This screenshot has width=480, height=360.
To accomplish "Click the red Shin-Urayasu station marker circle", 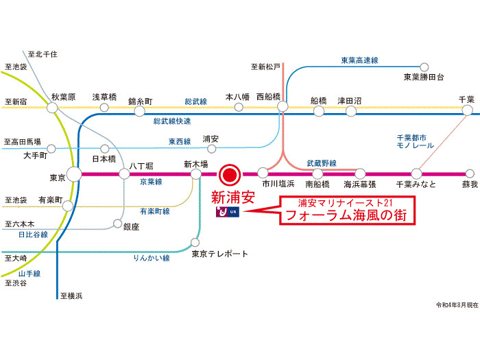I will pos(229,173).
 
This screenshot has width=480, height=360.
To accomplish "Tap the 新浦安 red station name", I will pos(232,197).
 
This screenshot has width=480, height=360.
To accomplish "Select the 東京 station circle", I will pos(73,174).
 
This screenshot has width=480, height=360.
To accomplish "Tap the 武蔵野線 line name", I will pos(321,163).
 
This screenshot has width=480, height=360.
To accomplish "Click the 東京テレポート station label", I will pos(219,254).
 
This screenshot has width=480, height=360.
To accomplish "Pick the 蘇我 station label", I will pos(469,184).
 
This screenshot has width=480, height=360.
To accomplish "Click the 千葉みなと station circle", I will pos(416,173).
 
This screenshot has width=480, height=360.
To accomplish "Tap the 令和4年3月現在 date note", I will pos(457,304).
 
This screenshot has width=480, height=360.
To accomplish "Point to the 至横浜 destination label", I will pos(71,296).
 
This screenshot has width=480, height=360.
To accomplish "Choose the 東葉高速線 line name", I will pos(360,60).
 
